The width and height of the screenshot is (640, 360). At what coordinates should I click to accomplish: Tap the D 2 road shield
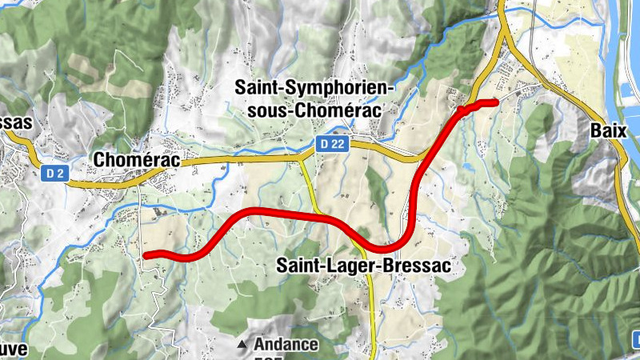[x=53, y=173]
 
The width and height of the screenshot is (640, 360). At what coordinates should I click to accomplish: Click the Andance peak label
[x=286, y=346]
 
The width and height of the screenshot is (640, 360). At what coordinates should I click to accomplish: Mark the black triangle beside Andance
[x=242, y=346]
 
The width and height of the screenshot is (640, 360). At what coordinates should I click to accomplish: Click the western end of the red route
[x=146, y=255]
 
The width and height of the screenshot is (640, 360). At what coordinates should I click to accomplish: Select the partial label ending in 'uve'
[x=14, y=350]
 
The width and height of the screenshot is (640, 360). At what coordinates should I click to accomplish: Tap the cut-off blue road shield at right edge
[x=635, y=335]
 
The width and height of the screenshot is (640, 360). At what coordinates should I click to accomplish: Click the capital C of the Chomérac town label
[x=100, y=160]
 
